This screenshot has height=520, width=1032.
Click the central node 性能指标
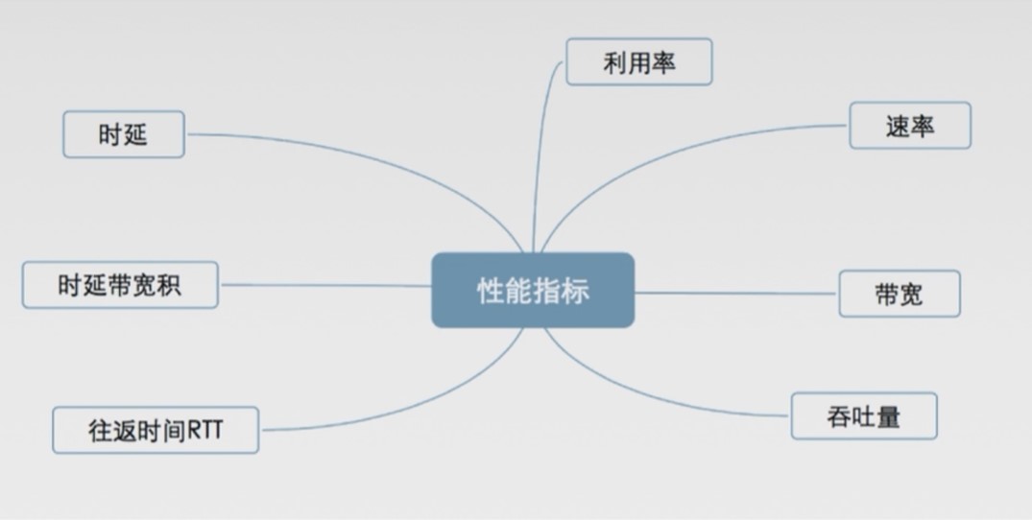tap(533, 290)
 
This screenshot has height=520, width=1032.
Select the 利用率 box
tap(638, 62)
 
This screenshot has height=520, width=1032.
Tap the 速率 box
tap(910, 126)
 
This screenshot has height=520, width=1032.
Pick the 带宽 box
tap(899, 294)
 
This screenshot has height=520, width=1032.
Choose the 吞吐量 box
tap(863, 416)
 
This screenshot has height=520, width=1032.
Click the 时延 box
tap(123, 134)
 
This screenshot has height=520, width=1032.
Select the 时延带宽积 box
tap(120, 285)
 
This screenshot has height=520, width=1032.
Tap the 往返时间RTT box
tap(155, 430)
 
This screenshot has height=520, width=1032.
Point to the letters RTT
tap(204, 430)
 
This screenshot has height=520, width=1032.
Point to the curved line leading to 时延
tap(384, 154)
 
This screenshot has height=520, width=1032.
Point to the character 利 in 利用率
tap(615, 62)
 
